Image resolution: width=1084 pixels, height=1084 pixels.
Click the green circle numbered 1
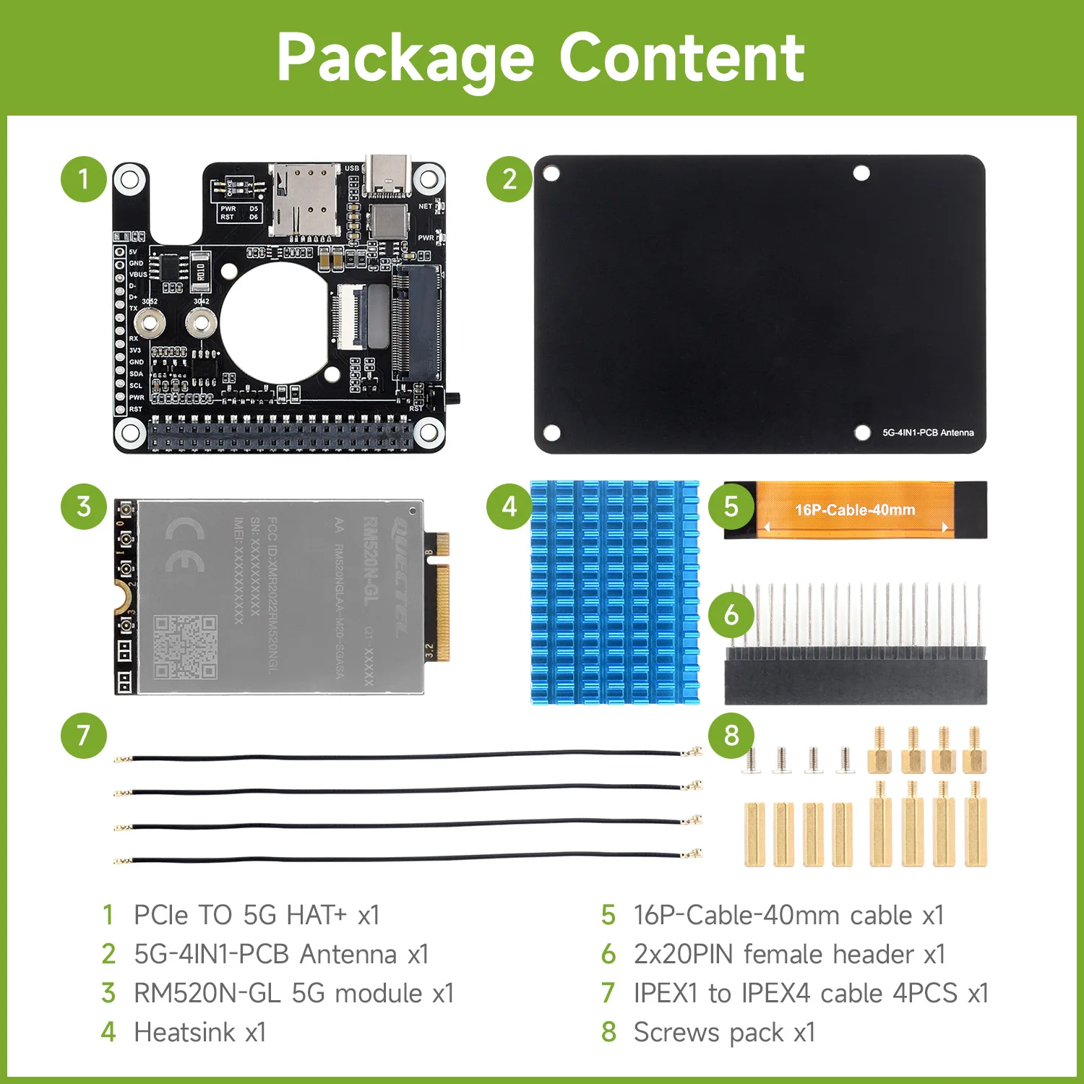(x=84, y=178)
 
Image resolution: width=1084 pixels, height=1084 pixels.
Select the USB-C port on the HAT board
(x=387, y=176)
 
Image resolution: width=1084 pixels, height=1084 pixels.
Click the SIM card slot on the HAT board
(x=304, y=200)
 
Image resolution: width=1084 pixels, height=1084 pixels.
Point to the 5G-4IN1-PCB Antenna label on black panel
(x=927, y=432)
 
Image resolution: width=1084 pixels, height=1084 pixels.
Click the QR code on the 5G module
(x=185, y=647)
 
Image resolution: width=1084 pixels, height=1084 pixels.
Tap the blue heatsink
(x=614, y=593)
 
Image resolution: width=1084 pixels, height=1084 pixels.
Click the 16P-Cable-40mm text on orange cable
(x=855, y=510)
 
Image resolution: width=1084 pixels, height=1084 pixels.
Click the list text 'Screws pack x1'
(x=724, y=1032)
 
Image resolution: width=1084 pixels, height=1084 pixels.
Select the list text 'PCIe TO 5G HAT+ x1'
(x=257, y=915)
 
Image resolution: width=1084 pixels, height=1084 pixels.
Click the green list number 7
(x=608, y=993)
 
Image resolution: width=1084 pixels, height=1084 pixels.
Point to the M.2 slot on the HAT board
(x=417, y=322)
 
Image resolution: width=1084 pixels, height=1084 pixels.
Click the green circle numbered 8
(x=731, y=736)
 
